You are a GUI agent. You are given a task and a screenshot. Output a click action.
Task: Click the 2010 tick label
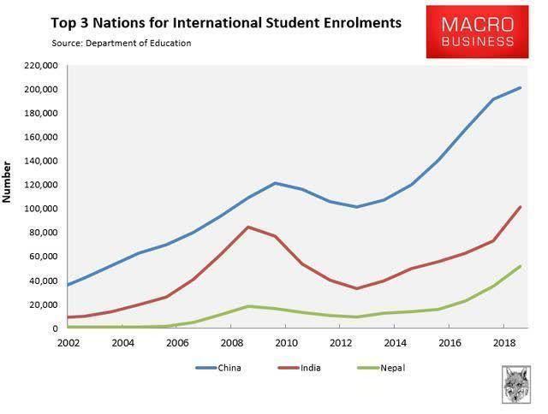coord(284,342)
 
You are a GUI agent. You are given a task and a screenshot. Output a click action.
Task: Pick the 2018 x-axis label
coord(499,342)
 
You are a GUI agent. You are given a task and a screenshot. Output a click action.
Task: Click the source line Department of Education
coord(137,42)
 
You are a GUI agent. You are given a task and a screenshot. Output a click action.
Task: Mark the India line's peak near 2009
coord(247,227)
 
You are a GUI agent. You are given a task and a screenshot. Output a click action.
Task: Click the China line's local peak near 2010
coord(275,183)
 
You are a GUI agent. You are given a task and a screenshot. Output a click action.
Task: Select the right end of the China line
coord(520,87)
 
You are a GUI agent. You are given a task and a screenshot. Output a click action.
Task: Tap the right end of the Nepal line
coord(520,266)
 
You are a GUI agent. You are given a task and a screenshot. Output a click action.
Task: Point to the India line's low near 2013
coord(356,288)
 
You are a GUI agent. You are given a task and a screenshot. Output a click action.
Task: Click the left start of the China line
coord(68,285)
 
